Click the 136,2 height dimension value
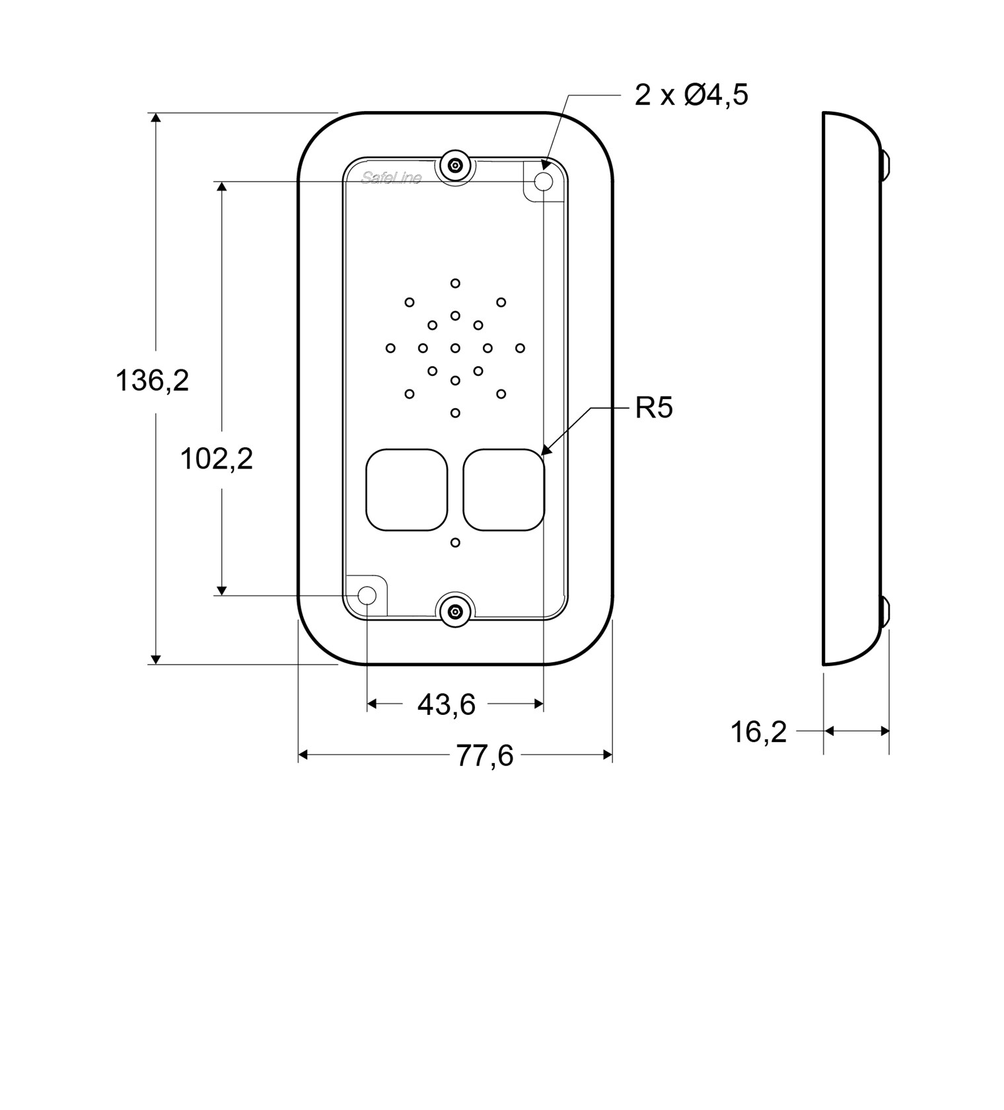153,381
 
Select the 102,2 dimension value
217,458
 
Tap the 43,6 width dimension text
447,704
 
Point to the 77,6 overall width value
485,755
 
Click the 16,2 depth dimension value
758,732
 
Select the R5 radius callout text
654,408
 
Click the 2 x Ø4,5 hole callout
692,94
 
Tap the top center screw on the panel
455,165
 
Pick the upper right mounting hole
544,181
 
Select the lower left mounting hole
367,596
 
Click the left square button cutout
407,490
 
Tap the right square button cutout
504,490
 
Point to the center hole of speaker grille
455,348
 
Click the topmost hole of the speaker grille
455,283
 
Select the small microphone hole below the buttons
455,542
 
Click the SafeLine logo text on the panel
392,177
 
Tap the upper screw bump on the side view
884,165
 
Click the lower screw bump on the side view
884,612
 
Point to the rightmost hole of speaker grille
520,348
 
